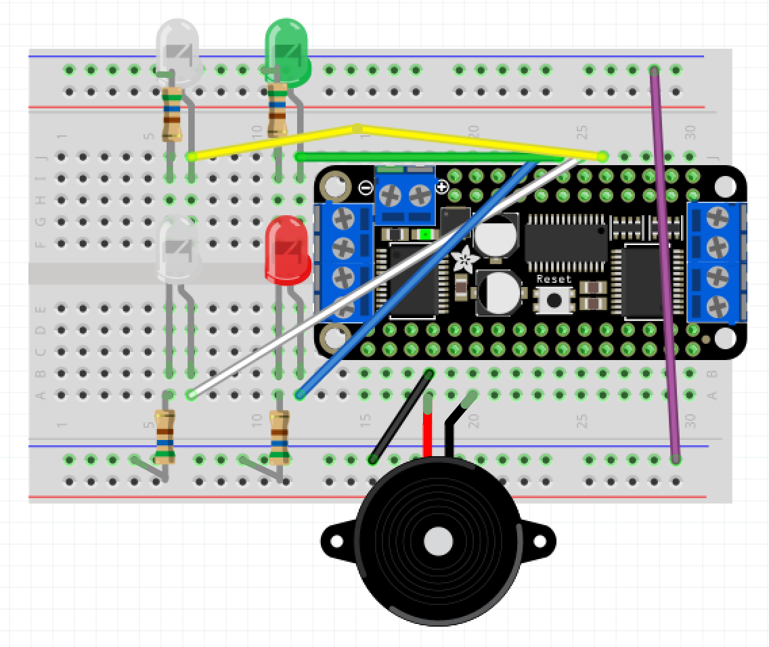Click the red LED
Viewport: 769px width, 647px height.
(288, 249)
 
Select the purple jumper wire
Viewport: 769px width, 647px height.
(665, 271)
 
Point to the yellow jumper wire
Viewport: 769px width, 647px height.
(474, 140)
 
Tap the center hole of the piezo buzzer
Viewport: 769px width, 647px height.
(437, 541)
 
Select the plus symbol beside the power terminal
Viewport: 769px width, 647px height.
(441, 187)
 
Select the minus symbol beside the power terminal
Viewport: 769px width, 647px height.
(366, 188)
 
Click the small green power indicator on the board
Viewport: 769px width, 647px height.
(426, 234)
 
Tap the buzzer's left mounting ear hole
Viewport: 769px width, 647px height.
(336, 541)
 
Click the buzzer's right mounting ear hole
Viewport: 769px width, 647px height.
(539, 541)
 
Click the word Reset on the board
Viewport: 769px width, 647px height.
(554, 279)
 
